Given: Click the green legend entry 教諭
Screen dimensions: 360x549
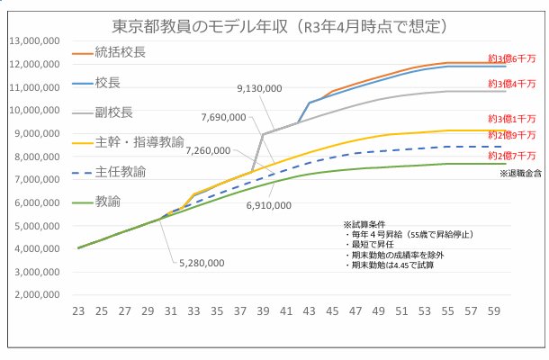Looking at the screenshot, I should pyautogui.click(x=105, y=201).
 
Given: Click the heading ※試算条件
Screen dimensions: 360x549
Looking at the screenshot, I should pyautogui.click(x=364, y=223).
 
